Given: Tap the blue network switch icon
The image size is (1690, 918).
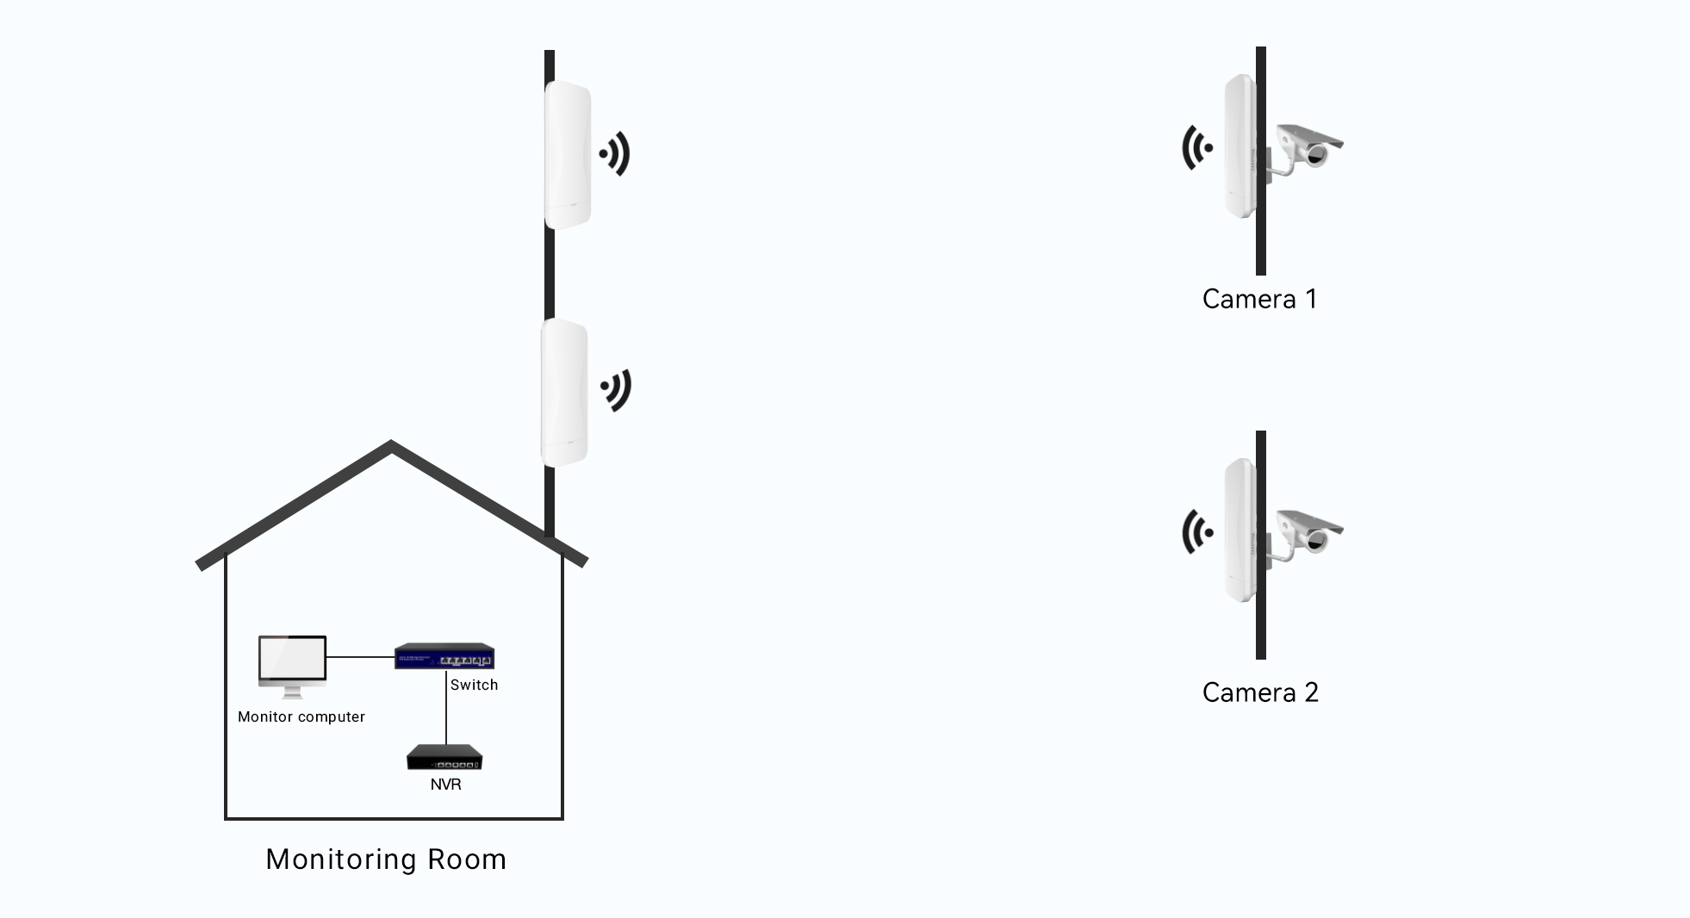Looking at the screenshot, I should (444, 656).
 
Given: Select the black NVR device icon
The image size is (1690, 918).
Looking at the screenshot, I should (444, 757).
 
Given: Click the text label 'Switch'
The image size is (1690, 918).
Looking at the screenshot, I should (474, 685).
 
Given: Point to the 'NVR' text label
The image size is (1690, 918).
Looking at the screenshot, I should (445, 785).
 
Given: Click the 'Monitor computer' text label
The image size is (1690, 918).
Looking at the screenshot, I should (301, 716).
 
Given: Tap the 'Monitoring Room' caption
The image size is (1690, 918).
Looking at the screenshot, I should (386, 859).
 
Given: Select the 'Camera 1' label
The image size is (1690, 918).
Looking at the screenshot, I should (1259, 299).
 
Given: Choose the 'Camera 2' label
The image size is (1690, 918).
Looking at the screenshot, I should (1260, 692).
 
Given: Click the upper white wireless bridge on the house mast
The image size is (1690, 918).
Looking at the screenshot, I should (568, 155).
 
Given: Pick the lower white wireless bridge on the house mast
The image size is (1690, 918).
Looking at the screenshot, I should (564, 393).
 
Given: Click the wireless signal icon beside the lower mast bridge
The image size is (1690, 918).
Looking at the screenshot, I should (617, 390).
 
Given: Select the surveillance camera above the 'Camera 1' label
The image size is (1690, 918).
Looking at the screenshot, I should (1308, 146).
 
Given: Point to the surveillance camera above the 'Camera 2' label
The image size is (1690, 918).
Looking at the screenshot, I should (1308, 531).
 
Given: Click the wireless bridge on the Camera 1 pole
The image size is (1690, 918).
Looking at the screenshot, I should (1240, 146).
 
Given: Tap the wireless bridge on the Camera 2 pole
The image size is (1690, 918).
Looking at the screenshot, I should (1240, 530).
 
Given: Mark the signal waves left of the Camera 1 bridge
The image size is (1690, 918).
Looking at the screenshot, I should (1197, 147).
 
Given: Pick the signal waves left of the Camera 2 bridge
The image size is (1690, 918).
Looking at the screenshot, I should (1197, 531).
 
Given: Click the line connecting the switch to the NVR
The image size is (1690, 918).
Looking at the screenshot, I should (446, 710).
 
